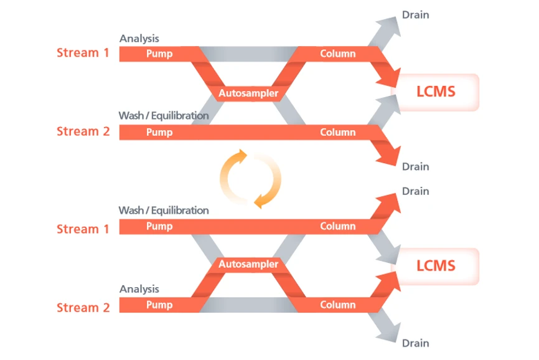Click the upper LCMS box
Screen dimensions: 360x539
[x=436, y=92]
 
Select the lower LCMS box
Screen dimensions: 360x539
[x=436, y=266]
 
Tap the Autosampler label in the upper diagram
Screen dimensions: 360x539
[x=248, y=94]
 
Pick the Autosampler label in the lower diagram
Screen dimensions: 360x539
[x=248, y=265]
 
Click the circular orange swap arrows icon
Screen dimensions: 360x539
[x=250, y=179]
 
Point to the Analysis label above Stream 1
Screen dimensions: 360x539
[x=139, y=39]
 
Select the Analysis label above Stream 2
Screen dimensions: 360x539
[x=139, y=289]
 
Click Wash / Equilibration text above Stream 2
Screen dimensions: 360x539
[x=164, y=116]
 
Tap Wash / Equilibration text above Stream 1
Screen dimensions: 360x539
[x=164, y=211]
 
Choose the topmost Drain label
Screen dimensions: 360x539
[x=415, y=14]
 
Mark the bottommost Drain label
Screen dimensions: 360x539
[x=415, y=343]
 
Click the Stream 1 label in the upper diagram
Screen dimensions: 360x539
[x=83, y=53]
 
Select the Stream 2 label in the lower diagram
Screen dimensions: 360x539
[x=83, y=307]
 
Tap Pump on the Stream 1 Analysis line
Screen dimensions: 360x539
[x=159, y=54]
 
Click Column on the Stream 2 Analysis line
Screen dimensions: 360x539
[x=338, y=305]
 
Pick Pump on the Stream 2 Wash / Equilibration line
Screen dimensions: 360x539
[x=159, y=132]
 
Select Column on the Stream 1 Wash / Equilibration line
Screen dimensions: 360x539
[x=338, y=227]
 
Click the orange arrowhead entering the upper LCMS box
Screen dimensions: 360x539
[x=390, y=77]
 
